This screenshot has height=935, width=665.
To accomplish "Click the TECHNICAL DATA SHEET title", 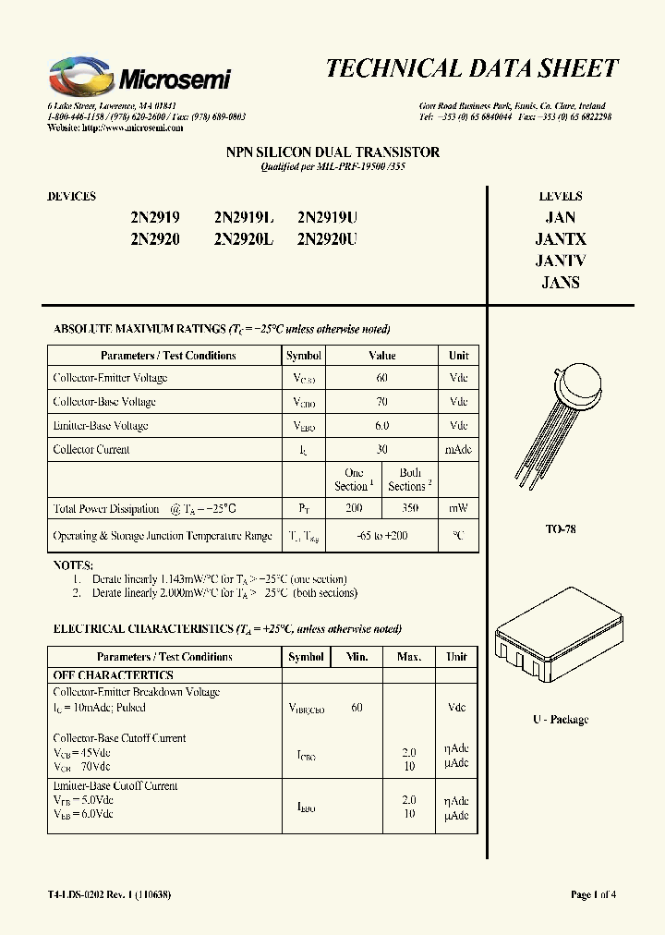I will tap(471, 69).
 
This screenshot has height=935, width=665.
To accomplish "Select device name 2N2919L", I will tap(244, 219).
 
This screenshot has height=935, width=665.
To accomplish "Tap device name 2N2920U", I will tap(327, 239).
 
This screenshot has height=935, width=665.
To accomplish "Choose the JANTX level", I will tap(561, 239).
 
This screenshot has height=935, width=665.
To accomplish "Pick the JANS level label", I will tap(561, 283).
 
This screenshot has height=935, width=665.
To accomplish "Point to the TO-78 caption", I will tap(561, 530).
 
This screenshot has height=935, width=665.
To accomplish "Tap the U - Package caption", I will tap(561, 720).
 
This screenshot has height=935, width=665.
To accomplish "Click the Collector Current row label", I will tap(92, 450).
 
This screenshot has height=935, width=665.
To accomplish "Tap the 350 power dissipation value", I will tap(410, 508).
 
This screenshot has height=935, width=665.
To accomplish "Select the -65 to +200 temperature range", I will tap(381, 536).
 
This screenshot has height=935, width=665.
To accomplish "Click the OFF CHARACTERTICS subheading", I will tap(113, 675).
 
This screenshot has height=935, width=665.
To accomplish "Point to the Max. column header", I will tap(409, 657).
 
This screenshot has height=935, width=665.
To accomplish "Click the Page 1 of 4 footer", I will tap(593, 894).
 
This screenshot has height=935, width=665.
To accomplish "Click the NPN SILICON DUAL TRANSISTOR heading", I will tap(332, 152).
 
